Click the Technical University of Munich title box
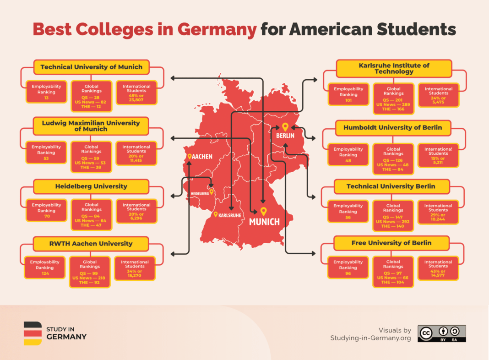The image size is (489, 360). (x=91, y=67)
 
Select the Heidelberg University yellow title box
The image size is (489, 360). (x=91, y=186)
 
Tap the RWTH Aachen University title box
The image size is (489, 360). (x=91, y=244)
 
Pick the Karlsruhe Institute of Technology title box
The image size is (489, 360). (x=394, y=68)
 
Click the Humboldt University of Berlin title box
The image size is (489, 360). (x=392, y=127)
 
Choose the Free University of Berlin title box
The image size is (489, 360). (x=391, y=243)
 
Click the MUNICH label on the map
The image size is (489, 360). (x=264, y=222)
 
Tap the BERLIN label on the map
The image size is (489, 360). (x=285, y=136)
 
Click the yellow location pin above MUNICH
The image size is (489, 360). (x=263, y=211)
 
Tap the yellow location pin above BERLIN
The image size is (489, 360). (x=285, y=127)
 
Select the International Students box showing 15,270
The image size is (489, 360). (x=135, y=267)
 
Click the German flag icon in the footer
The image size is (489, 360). (x=33, y=333)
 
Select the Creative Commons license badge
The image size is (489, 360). (x=442, y=333)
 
